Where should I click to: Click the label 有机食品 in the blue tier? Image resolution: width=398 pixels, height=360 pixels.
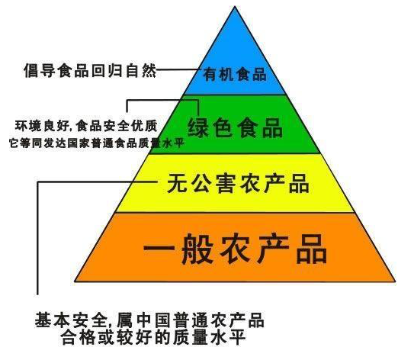pyautogui.click(x=234, y=74)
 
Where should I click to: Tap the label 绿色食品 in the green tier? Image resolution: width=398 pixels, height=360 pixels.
pyautogui.click(x=235, y=127)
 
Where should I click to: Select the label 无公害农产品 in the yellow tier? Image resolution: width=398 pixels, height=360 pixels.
pyautogui.click(x=238, y=183)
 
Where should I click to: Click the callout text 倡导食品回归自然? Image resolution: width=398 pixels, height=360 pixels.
pyautogui.click(x=90, y=69)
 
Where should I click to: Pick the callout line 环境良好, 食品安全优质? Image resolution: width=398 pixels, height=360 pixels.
pyautogui.click(x=86, y=126)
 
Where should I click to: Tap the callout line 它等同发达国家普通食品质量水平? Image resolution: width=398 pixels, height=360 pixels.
pyautogui.click(x=97, y=143)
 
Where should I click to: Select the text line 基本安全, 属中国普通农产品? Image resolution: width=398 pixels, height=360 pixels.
pyautogui.click(x=149, y=320)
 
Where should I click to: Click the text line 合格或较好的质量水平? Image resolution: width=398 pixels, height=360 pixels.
pyautogui.click(x=153, y=337)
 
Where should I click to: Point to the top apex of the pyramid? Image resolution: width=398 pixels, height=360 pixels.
pyautogui.click(x=235, y=6)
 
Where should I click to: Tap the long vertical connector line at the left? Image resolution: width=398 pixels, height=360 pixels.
pyautogui.click(x=37, y=238)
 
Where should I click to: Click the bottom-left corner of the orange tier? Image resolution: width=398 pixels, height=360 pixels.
pyautogui.click(x=75, y=281)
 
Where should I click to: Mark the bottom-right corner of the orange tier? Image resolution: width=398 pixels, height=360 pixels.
pyautogui.click(x=395, y=281)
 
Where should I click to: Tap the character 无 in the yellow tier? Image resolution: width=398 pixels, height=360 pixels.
pyautogui.click(x=177, y=183)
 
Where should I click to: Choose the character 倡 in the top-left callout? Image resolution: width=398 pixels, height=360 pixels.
pyautogui.click(x=31, y=70)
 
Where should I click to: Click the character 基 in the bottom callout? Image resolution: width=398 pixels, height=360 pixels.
pyautogui.click(x=43, y=320)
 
